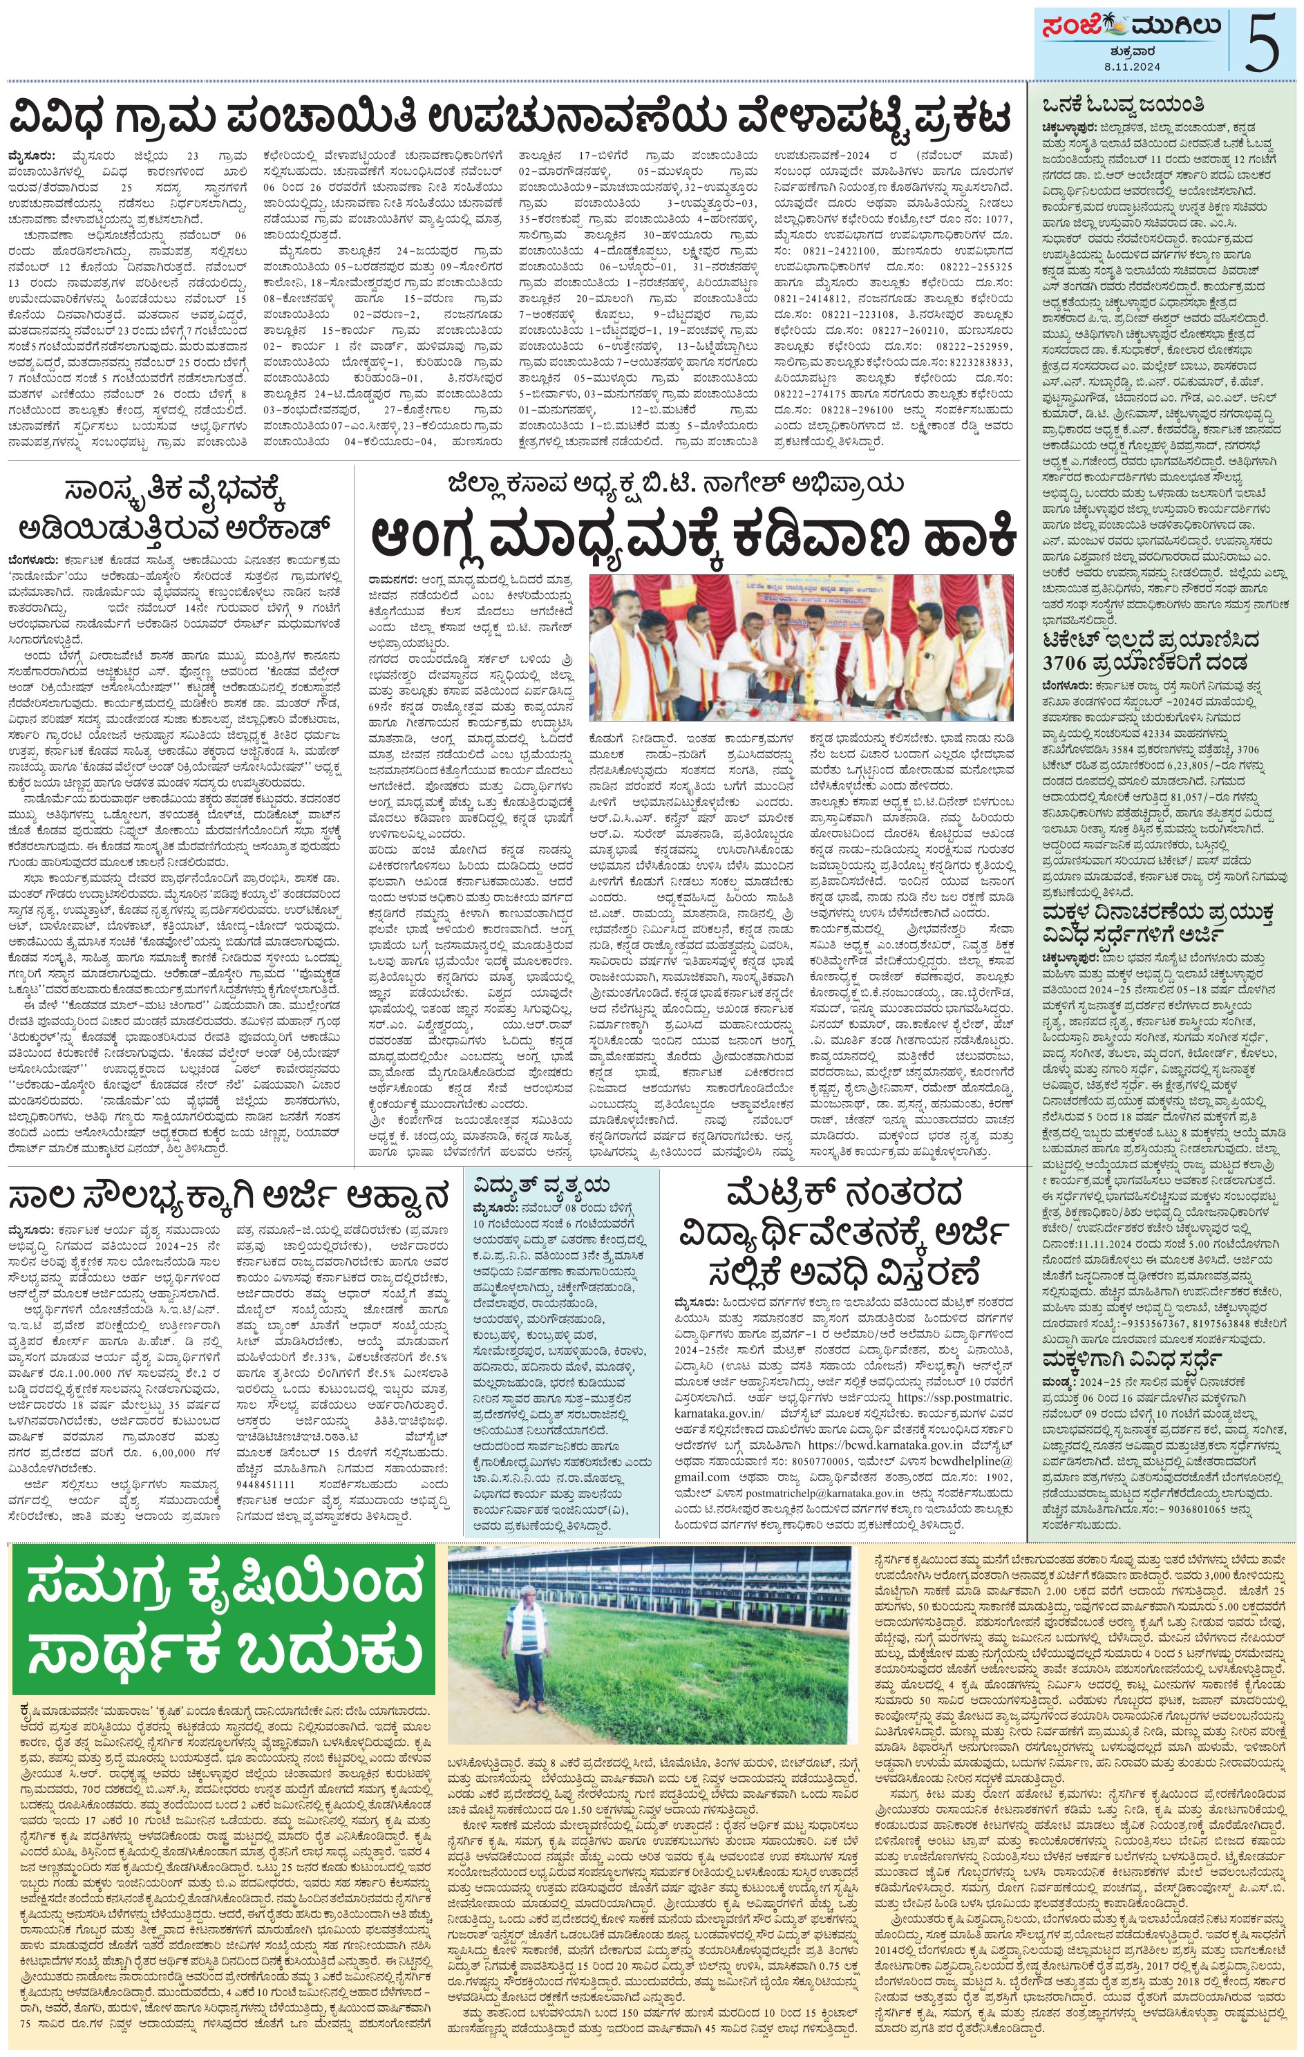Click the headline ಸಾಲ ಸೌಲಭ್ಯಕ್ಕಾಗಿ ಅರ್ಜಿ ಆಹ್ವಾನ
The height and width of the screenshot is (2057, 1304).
[x=229, y=1196]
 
